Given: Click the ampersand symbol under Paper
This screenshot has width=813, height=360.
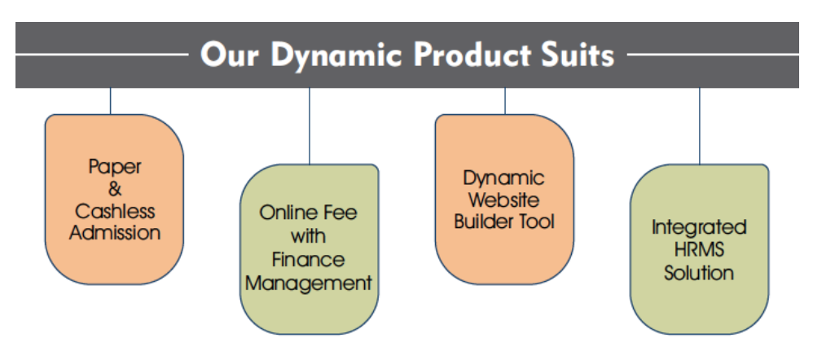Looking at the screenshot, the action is [x=115, y=189].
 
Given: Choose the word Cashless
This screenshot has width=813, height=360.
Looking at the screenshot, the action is [x=115, y=211].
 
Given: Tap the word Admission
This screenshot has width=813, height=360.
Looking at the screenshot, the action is [x=115, y=232].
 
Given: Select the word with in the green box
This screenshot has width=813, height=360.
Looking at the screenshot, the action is [x=308, y=236].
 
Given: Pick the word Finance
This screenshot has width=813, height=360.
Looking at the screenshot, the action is [x=309, y=259].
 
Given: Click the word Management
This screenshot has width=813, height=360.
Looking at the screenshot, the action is [x=309, y=283].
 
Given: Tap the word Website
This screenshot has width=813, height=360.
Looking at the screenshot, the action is [x=504, y=200].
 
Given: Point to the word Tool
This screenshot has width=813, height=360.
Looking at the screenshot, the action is [x=535, y=222].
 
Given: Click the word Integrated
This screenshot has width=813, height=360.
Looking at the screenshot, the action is [x=698, y=227].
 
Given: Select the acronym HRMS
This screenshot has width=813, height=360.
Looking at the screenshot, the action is [x=699, y=249].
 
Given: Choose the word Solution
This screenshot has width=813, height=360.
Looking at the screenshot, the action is [x=699, y=272].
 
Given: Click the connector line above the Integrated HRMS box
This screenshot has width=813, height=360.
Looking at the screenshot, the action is [x=699, y=126].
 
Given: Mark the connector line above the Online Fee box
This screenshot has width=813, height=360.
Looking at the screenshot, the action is [x=310, y=126].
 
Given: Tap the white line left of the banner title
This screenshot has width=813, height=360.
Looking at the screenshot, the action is [x=102, y=54].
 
